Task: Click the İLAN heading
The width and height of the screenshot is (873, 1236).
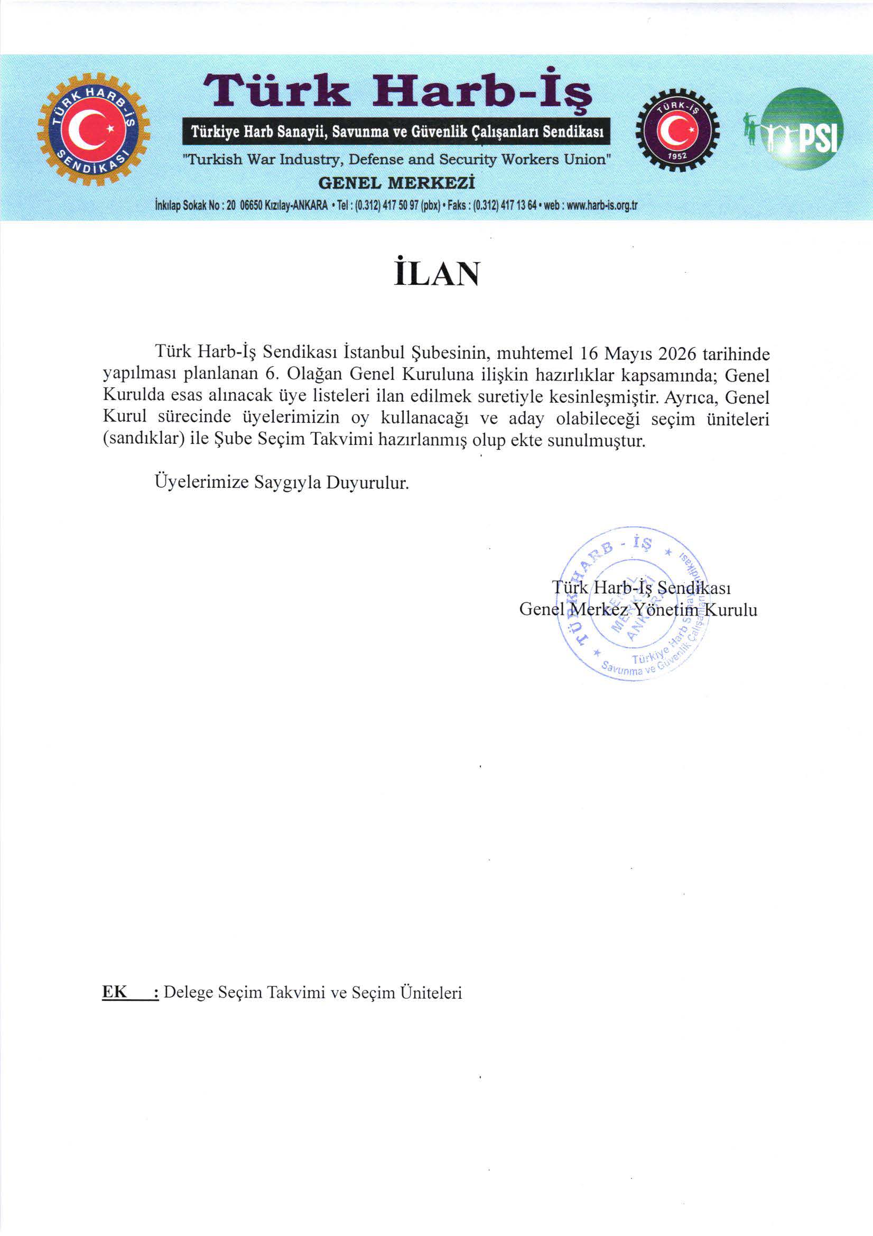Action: (x=436, y=274)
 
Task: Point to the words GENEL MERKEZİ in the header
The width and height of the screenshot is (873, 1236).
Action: (x=397, y=183)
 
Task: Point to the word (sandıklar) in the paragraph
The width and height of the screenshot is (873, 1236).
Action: (x=144, y=440)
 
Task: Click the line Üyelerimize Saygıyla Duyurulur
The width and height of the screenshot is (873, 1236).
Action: (x=282, y=482)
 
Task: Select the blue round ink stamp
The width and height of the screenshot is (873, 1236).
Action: (x=635, y=603)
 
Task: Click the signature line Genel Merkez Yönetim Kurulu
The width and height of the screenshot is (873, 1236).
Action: (x=638, y=609)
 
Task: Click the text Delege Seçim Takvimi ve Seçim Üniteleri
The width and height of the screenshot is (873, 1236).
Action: (x=313, y=992)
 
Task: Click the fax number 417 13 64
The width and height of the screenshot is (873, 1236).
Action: (x=518, y=205)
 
